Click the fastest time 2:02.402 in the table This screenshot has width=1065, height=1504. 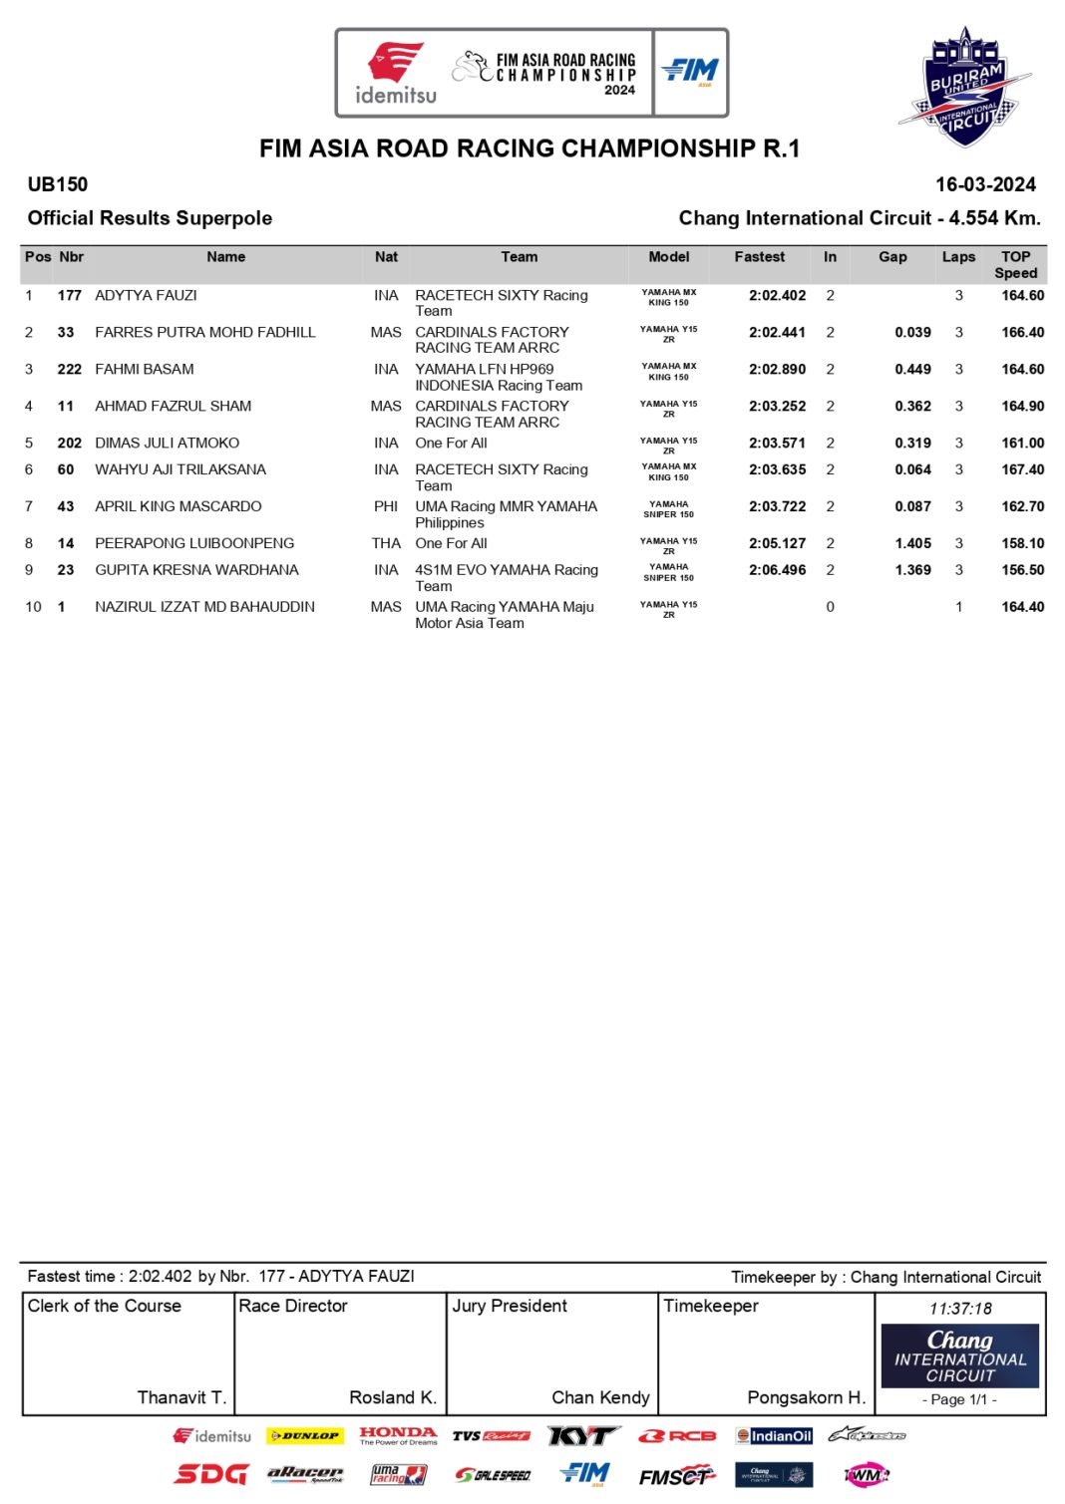(777, 296)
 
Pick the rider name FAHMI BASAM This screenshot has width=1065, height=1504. (145, 370)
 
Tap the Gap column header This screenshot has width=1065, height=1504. (892, 257)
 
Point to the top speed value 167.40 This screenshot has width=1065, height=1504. (1022, 470)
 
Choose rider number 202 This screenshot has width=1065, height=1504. (70, 444)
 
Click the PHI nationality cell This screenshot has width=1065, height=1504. (386, 507)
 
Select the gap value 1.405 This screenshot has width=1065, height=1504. (912, 544)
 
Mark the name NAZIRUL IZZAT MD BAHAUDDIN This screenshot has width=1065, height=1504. (204, 607)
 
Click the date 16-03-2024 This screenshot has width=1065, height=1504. (985, 184)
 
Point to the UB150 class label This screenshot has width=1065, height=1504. (58, 184)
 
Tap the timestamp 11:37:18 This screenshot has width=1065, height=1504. (960, 1309)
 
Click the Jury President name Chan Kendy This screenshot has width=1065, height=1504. (600, 1398)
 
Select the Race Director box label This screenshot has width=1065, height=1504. (293, 1306)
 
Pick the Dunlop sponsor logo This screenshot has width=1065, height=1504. (305, 1436)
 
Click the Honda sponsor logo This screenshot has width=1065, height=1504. (398, 1435)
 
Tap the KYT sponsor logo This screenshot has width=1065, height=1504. (583, 1436)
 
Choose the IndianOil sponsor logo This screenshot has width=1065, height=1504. (774, 1436)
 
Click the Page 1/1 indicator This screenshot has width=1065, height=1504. (959, 1399)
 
